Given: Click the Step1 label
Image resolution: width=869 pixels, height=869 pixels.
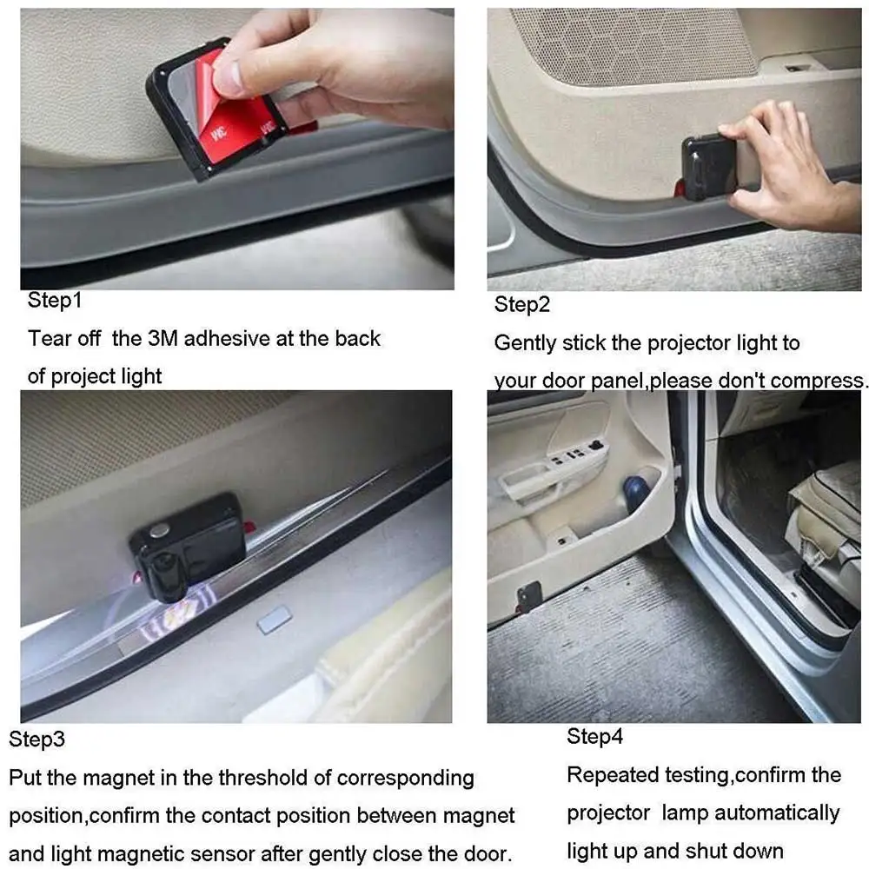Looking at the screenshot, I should pos(54,301).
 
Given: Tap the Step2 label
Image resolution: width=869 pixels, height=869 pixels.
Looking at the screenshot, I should pos(522,305).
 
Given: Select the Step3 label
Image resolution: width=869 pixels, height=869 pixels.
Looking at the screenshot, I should pos(37,740).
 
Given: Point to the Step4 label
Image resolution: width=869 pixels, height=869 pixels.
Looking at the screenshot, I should pos(595,737).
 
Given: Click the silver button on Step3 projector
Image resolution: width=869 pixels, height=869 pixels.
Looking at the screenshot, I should pos(158,528).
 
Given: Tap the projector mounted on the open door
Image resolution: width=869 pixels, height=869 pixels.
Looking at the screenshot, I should pos(529,596).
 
